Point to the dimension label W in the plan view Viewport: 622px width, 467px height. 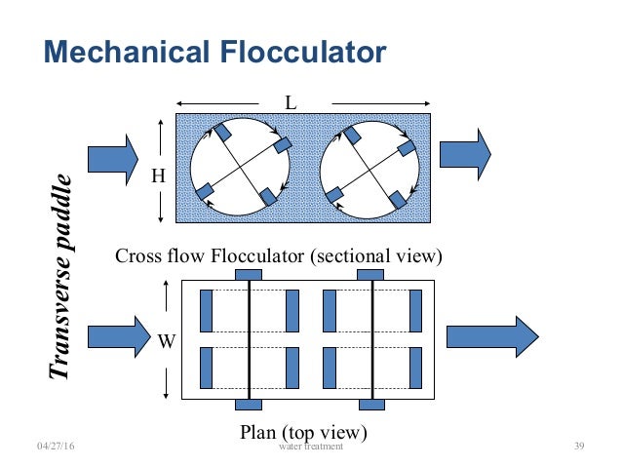(x=167, y=341)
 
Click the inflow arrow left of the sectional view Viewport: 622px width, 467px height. (x=113, y=157)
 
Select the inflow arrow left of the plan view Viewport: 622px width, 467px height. (x=113, y=336)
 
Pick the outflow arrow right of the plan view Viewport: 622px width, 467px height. (x=491, y=336)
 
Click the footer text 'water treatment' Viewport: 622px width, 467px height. (x=310, y=447)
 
